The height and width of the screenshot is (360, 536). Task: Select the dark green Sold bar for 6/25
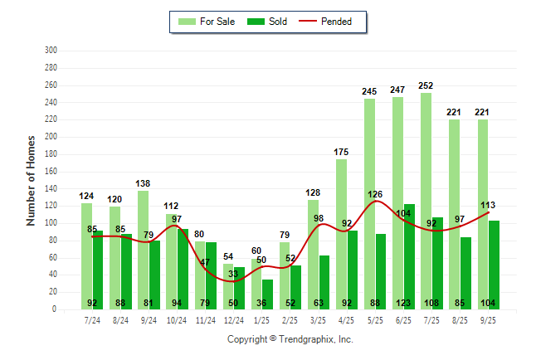click(409, 249)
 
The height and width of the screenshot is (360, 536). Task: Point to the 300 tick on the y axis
click(51, 51)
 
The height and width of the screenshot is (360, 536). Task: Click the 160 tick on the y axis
click(51, 172)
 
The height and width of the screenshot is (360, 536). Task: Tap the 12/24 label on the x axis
click(233, 319)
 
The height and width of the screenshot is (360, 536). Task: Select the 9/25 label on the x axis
click(488, 319)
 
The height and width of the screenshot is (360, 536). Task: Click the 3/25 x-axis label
click(318, 319)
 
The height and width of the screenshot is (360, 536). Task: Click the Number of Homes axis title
click(31, 180)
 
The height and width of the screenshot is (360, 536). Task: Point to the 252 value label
click(426, 85)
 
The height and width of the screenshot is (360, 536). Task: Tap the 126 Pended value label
click(376, 195)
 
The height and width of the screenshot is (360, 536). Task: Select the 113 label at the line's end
click(488, 206)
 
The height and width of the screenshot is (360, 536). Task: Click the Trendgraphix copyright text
click(290, 339)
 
